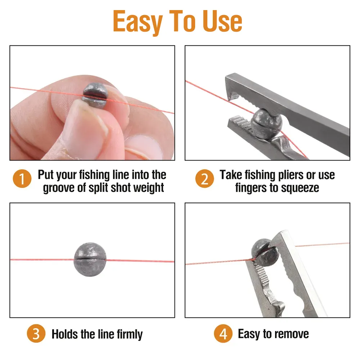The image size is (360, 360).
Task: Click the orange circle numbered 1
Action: pos(22,179)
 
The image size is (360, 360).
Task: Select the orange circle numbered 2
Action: pos(204,179)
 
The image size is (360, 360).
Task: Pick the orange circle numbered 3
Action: pos(36,333)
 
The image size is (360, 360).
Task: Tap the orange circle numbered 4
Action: pos(223,333)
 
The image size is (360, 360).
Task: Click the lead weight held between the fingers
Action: pos(95,95)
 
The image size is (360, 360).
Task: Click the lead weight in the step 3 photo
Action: pos(90,260)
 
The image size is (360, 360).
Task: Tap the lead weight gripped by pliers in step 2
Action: pos(266,124)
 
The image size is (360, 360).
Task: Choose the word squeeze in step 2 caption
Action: pos(300,188)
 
